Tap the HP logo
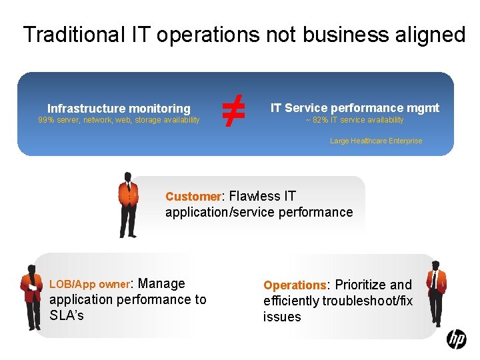(x=457, y=339)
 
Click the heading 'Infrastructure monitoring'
(x=119, y=108)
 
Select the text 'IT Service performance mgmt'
(x=355, y=107)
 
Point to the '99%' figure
(x=46, y=120)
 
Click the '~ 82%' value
(x=315, y=120)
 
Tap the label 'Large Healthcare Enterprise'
(x=376, y=141)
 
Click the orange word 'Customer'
(x=193, y=197)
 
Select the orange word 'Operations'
(x=294, y=285)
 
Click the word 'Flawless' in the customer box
(x=255, y=196)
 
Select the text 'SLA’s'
(x=67, y=315)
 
